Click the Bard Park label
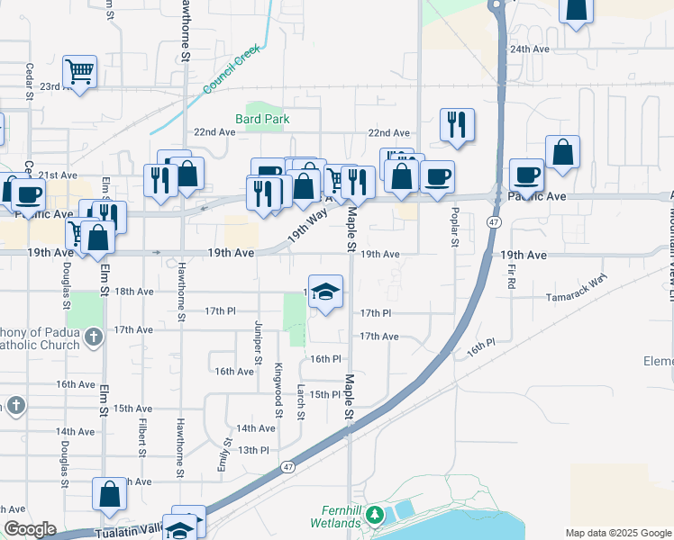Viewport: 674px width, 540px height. pyautogui.click(x=263, y=118)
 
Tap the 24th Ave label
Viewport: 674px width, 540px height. pyautogui.click(x=529, y=49)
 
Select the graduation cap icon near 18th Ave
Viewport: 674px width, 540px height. pyautogui.click(x=327, y=292)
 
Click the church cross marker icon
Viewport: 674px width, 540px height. pyautogui.click(x=94, y=337)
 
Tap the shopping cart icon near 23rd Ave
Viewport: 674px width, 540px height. pyautogui.click(x=80, y=71)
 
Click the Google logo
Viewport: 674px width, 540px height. pyautogui.click(x=30, y=529)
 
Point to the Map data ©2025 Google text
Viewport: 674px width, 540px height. pyautogui.click(x=617, y=533)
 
